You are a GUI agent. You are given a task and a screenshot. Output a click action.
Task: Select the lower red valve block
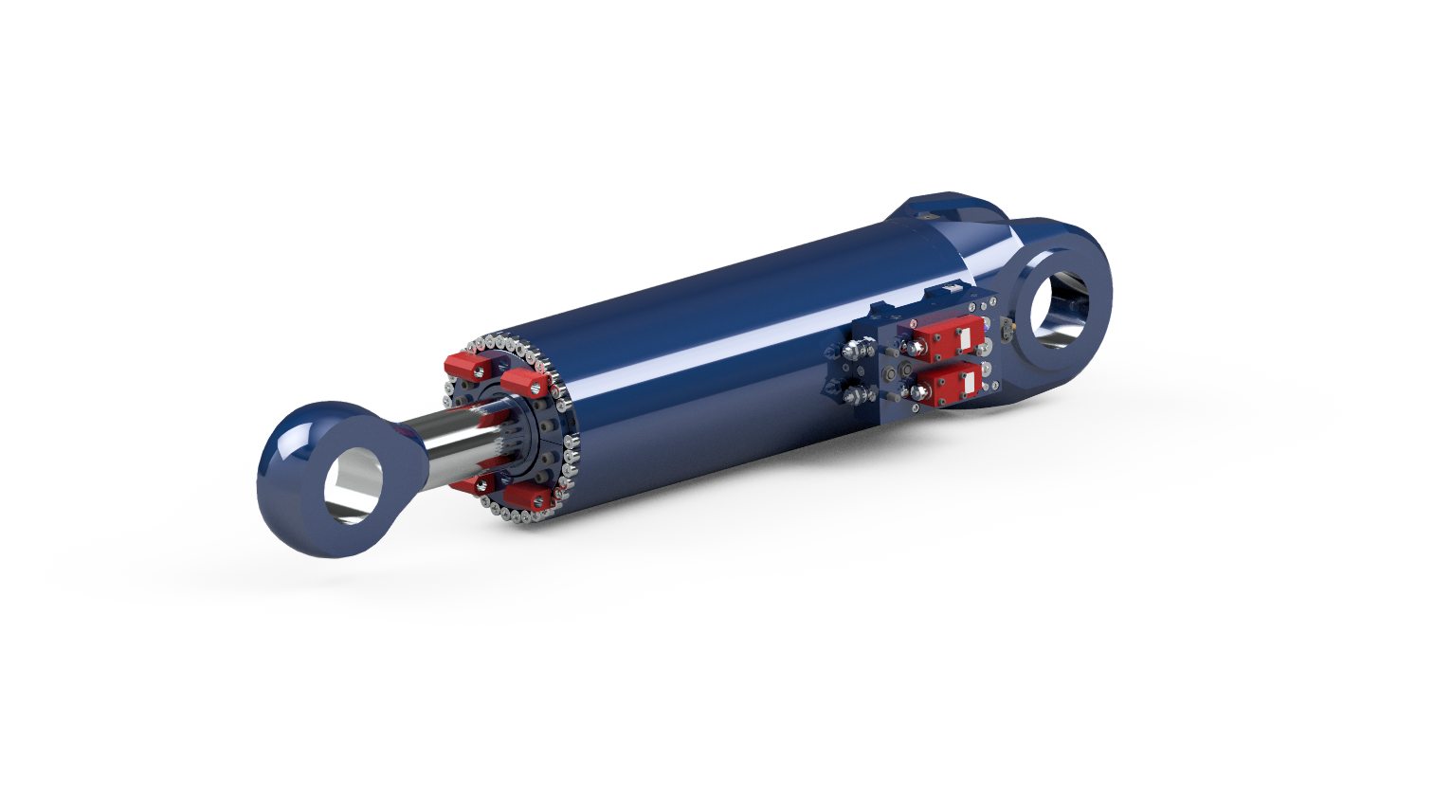pyautogui.click(x=948, y=385)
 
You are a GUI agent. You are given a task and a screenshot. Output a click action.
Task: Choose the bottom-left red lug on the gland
pyautogui.click(x=470, y=485)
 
